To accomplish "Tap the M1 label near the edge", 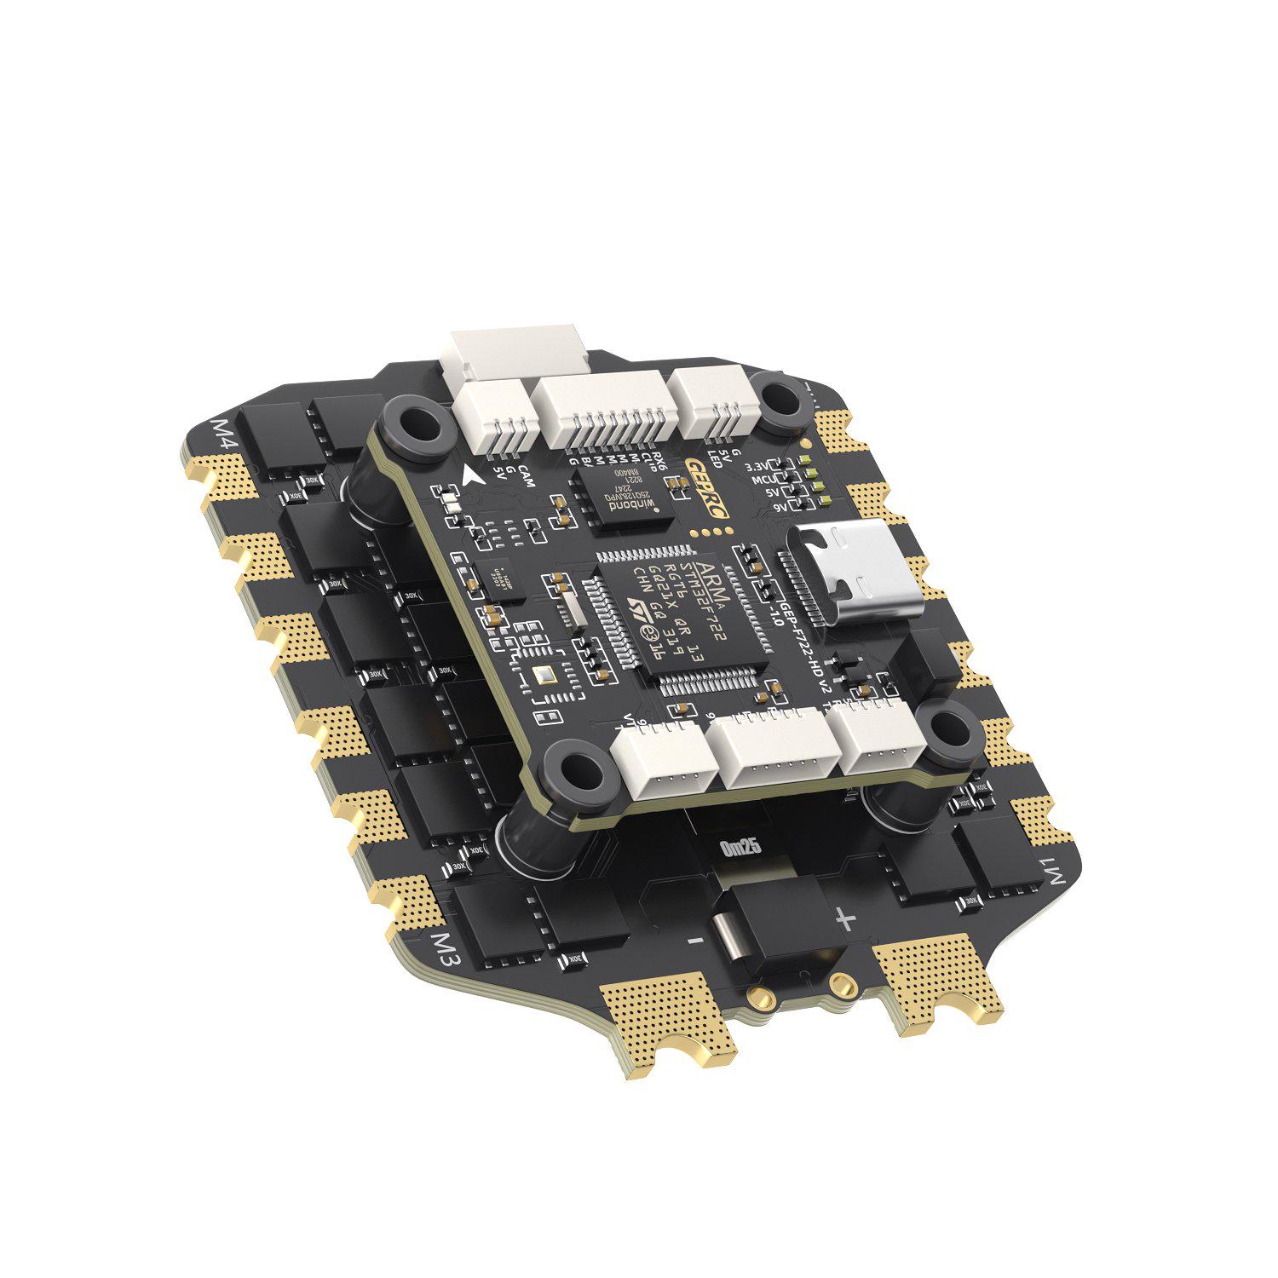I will [1056, 874].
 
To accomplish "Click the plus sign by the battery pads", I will [844, 918].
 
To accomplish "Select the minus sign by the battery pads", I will [695, 940].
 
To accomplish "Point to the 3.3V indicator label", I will [757, 468].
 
